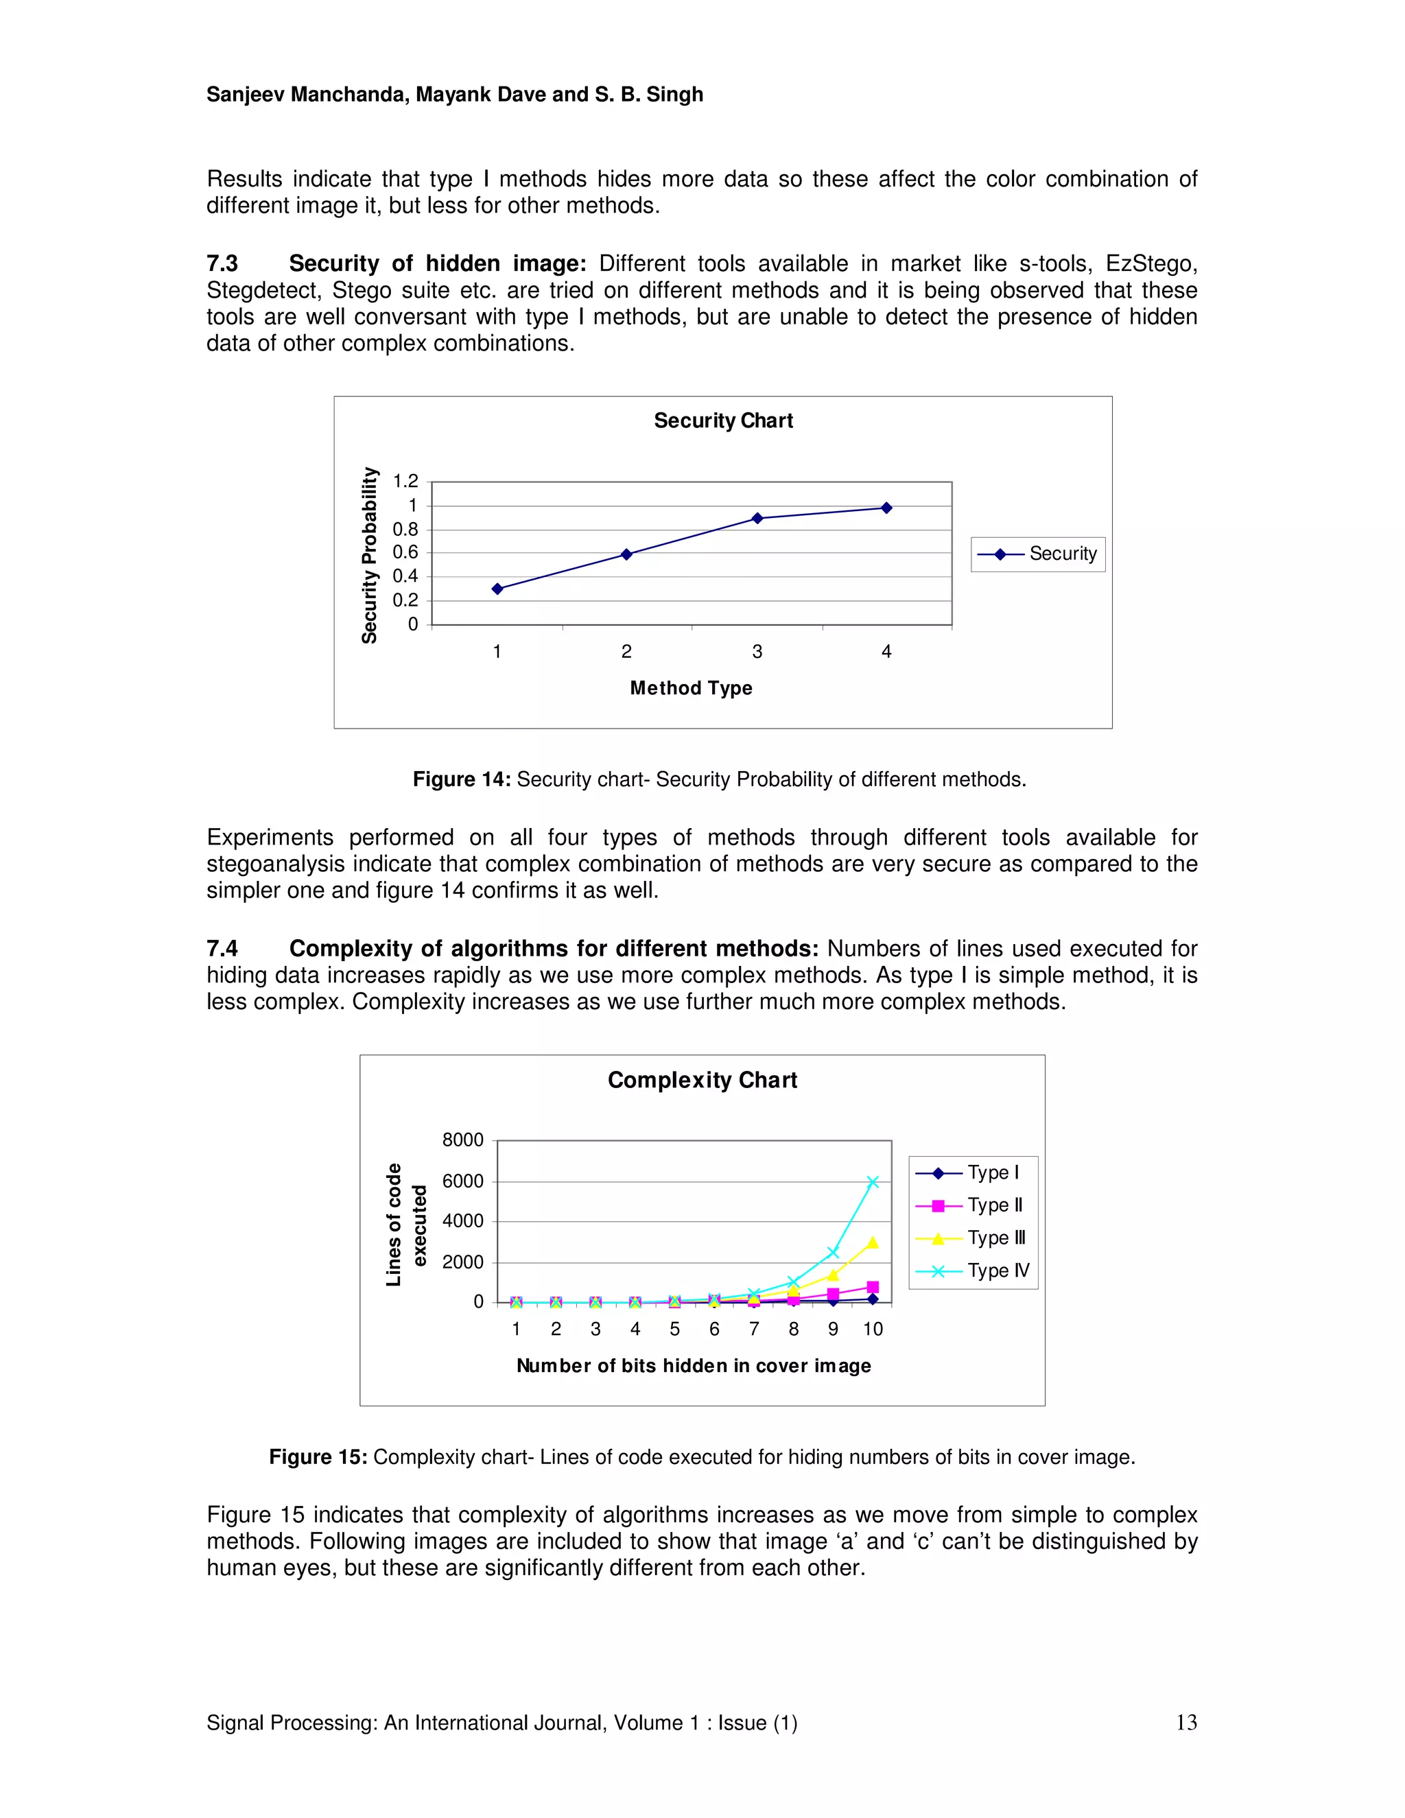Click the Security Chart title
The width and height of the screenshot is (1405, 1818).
click(x=722, y=421)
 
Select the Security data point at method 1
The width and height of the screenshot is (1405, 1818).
click(x=497, y=589)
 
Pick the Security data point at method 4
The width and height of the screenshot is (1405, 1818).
click(x=886, y=508)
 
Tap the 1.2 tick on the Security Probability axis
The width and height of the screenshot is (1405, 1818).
click(x=405, y=481)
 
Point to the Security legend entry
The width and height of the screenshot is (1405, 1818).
click(x=1038, y=554)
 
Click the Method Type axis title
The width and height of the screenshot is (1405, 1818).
click(x=691, y=687)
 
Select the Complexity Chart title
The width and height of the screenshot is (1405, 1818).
click(x=702, y=1080)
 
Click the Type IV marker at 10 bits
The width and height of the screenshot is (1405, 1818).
click(x=873, y=1182)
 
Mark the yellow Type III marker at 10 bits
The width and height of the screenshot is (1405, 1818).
click(x=873, y=1242)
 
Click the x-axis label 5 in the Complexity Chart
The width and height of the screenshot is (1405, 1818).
click(x=674, y=1330)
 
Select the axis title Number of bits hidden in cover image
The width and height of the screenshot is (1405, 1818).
click(x=694, y=1366)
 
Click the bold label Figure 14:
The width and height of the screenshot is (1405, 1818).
click(x=461, y=779)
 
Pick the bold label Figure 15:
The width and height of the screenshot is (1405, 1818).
click(x=317, y=1456)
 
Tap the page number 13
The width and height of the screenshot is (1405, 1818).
click(x=1186, y=1722)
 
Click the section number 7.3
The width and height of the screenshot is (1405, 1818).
click(x=222, y=264)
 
